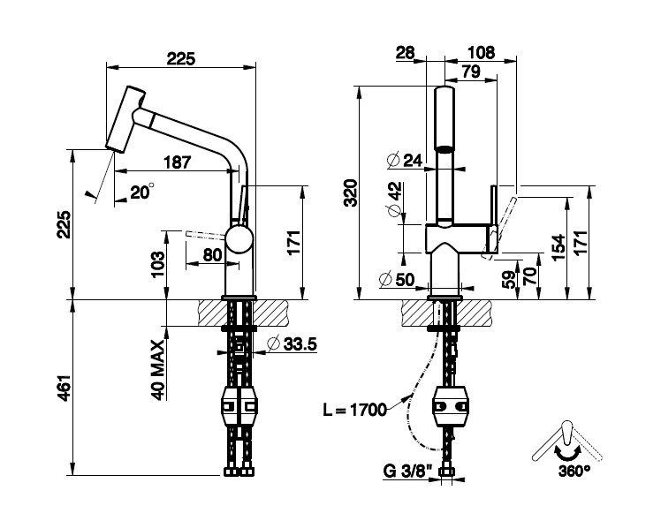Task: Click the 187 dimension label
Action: click(x=178, y=162)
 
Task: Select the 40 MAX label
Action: click(x=158, y=369)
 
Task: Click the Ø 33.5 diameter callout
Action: click(x=290, y=343)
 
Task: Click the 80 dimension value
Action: click(x=212, y=253)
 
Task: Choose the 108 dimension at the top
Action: click(x=479, y=53)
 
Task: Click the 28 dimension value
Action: click(x=406, y=53)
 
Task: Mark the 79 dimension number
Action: click(x=469, y=72)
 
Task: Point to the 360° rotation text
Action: click(x=574, y=471)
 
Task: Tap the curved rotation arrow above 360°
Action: click(x=559, y=451)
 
